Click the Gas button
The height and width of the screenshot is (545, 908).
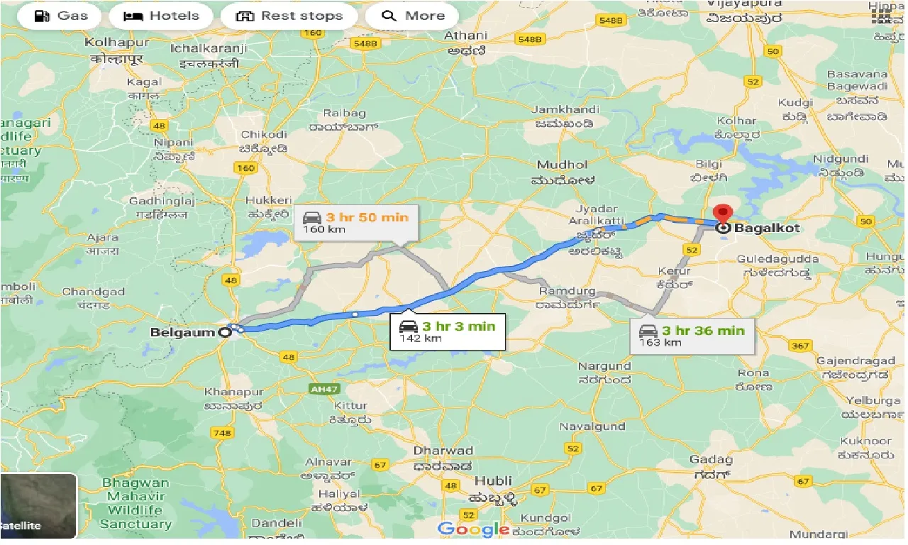click(x=61, y=16)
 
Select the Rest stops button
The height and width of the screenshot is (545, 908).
click(x=289, y=16)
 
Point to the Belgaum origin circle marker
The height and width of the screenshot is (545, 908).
click(x=225, y=331)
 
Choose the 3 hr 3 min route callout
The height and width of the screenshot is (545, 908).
click(x=448, y=331)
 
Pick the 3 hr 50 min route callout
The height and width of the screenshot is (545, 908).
click(x=355, y=222)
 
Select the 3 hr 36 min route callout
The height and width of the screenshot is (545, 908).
click(x=692, y=335)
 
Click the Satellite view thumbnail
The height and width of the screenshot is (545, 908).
click(x=38, y=506)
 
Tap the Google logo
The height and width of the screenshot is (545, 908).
click(x=473, y=529)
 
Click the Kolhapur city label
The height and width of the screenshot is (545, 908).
click(x=114, y=43)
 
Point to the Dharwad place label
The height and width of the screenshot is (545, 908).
click(x=443, y=451)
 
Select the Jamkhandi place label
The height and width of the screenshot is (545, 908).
click(x=565, y=109)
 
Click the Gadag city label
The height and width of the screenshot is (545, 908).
click(x=712, y=459)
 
